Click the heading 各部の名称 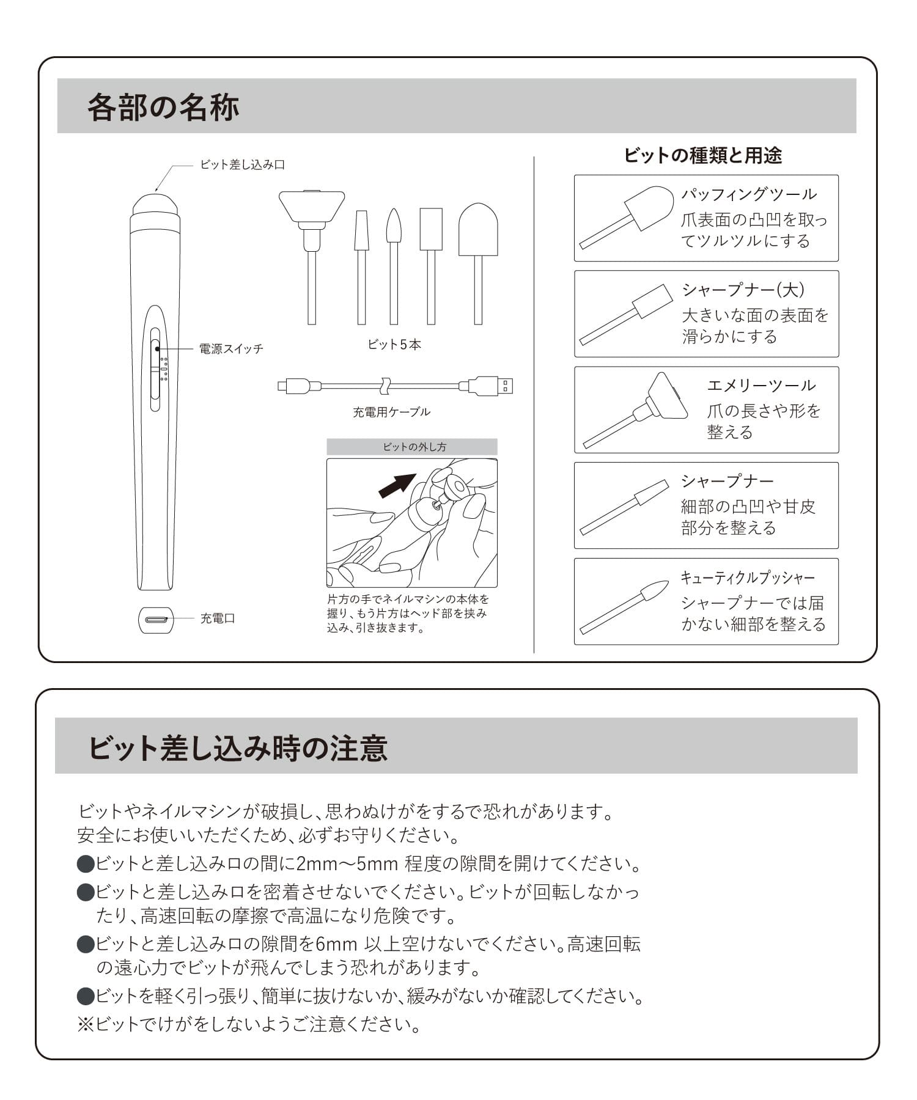click(x=163, y=107)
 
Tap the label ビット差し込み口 click(x=243, y=164)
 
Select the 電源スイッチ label click(x=231, y=349)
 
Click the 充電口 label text click(x=218, y=618)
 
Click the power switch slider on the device click(x=155, y=369)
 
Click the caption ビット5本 click(x=394, y=345)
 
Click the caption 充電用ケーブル click(x=391, y=412)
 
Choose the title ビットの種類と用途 click(x=703, y=155)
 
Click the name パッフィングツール click(x=749, y=194)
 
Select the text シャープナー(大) click(x=743, y=290)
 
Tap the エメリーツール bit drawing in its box click(x=636, y=409)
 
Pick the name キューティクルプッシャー click(x=748, y=577)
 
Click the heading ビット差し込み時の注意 click(x=238, y=748)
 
